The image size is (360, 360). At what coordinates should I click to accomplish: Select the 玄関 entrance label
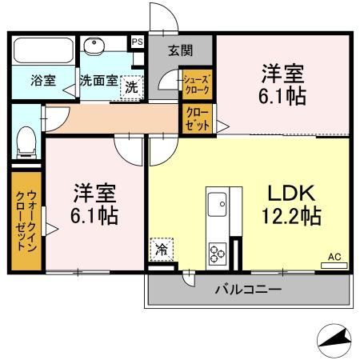click(180, 50)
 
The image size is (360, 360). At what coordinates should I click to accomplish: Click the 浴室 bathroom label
click(42, 80)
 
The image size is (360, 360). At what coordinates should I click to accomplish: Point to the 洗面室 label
click(98, 81)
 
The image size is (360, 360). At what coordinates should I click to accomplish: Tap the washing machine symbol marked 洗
click(131, 87)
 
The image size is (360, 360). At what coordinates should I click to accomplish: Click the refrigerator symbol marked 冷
click(161, 250)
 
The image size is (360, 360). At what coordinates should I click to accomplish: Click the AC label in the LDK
click(334, 257)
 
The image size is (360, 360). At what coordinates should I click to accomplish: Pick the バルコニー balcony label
click(247, 289)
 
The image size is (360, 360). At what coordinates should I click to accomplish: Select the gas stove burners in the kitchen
click(217, 252)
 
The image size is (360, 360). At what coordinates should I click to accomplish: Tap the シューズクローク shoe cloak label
click(196, 85)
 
